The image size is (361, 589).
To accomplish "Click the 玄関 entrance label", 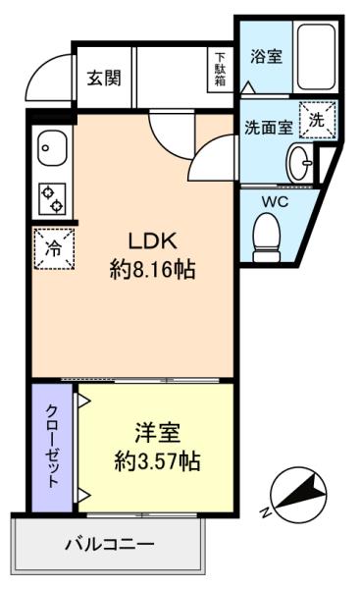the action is click(x=104, y=79).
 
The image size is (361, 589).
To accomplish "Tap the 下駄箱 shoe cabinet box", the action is click(x=220, y=70).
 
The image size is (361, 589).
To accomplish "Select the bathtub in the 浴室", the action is click(x=316, y=56).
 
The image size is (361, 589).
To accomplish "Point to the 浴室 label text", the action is click(x=266, y=56).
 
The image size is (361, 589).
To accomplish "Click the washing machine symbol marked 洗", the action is click(x=317, y=120).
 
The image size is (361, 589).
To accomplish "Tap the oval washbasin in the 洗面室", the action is click(x=300, y=163).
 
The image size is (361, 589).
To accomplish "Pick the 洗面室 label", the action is click(x=269, y=128).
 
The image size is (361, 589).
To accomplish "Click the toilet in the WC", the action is click(x=267, y=237).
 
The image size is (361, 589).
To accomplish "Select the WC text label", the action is click(x=275, y=202).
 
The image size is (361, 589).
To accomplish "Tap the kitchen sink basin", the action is click(x=52, y=147).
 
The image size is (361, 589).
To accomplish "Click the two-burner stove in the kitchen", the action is click(x=52, y=199).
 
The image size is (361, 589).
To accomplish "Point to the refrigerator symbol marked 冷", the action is click(x=54, y=248).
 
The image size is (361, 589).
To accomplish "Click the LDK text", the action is click(x=152, y=241).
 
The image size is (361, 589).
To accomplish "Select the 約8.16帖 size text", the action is click(x=152, y=269).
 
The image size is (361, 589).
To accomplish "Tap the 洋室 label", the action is click(x=158, y=433).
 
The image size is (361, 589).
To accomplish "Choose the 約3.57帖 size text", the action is click(x=157, y=461).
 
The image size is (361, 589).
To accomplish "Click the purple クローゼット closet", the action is click(x=52, y=447).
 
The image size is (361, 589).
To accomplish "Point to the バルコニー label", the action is click(x=110, y=544).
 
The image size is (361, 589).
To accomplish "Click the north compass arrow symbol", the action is click(x=298, y=494).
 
